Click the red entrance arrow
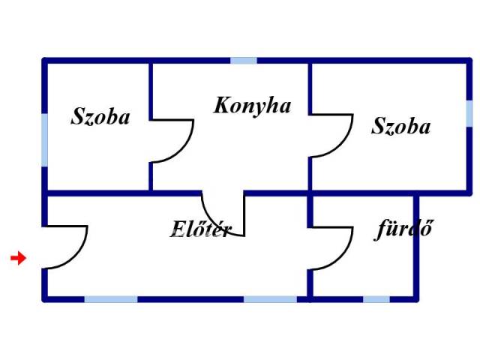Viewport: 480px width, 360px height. [18, 258]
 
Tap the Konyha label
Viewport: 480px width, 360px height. [252, 106]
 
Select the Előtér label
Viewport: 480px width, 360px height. [201, 229]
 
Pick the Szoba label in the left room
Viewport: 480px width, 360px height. [100, 116]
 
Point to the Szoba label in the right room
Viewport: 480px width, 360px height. [400, 126]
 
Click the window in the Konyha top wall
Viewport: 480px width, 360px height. [244, 60]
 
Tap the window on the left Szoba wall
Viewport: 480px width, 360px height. [45, 140]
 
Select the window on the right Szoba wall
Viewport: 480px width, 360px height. [469, 113]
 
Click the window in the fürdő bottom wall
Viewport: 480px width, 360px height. [376, 299]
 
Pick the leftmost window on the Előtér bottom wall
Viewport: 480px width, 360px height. [111, 299]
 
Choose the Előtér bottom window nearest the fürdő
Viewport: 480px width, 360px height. [270, 299]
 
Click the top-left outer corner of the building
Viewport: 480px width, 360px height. [42, 58]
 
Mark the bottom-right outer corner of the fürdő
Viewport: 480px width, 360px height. [418, 301]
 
